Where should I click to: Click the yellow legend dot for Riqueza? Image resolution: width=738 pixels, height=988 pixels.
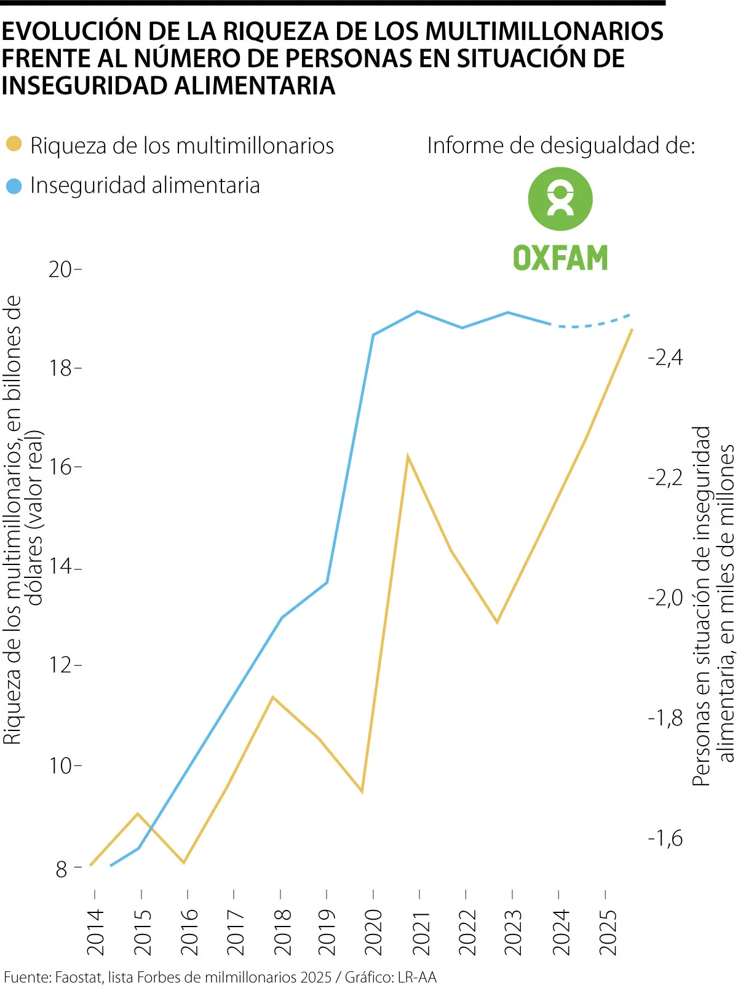pyautogui.click(x=14, y=145)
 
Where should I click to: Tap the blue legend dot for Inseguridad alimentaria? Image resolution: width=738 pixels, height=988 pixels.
pyautogui.click(x=14, y=186)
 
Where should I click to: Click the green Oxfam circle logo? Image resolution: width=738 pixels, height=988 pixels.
pyautogui.click(x=560, y=199)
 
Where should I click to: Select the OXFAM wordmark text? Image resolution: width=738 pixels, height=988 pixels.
pyautogui.click(x=560, y=258)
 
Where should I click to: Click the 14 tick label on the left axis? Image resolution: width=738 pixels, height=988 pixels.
pyautogui.click(x=61, y=566)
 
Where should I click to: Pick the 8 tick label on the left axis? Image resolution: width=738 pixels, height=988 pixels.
pyautogui.click(x=61, y=869)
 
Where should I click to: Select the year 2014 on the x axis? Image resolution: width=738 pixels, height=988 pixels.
pyautogui.click(x=95, y=931)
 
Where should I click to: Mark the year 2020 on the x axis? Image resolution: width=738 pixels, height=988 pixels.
pyautogui.click(x=374, y=931)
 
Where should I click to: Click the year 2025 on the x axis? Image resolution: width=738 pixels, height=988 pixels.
pyautogui.click(x=607, y=931)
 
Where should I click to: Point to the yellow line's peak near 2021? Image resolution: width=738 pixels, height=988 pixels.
pyautogui.click(x=408, y=457)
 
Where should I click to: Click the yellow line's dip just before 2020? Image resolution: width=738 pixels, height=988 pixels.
pyautogui.click(x=362, y=791)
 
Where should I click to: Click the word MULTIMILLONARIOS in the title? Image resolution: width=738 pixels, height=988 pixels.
pyautogui.click(x=544, y=31)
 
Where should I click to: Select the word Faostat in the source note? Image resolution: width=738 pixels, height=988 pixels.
pyautogui.click(x=78, y=977)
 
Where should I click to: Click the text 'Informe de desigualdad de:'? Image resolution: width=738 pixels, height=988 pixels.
pyautogui.click(x=561, y=146)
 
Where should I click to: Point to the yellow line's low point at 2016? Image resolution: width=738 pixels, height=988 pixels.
pyautogui.click(x=184, y=862)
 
